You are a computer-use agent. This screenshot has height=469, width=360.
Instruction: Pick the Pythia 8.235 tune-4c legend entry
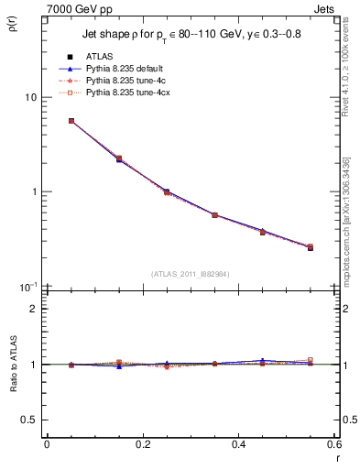coord(124,81)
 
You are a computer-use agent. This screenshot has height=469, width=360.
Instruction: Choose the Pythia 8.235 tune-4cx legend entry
coord(125,93)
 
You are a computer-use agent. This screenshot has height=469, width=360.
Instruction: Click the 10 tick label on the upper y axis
coord(29,97)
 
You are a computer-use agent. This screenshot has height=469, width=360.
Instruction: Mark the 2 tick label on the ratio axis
coord(34,309)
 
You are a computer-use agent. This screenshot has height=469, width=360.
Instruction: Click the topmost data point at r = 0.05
coord(71,121)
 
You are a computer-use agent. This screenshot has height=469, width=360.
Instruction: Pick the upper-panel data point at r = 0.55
coord(311,247)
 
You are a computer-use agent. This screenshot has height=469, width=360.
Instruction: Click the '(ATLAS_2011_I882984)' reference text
coord(191,274)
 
